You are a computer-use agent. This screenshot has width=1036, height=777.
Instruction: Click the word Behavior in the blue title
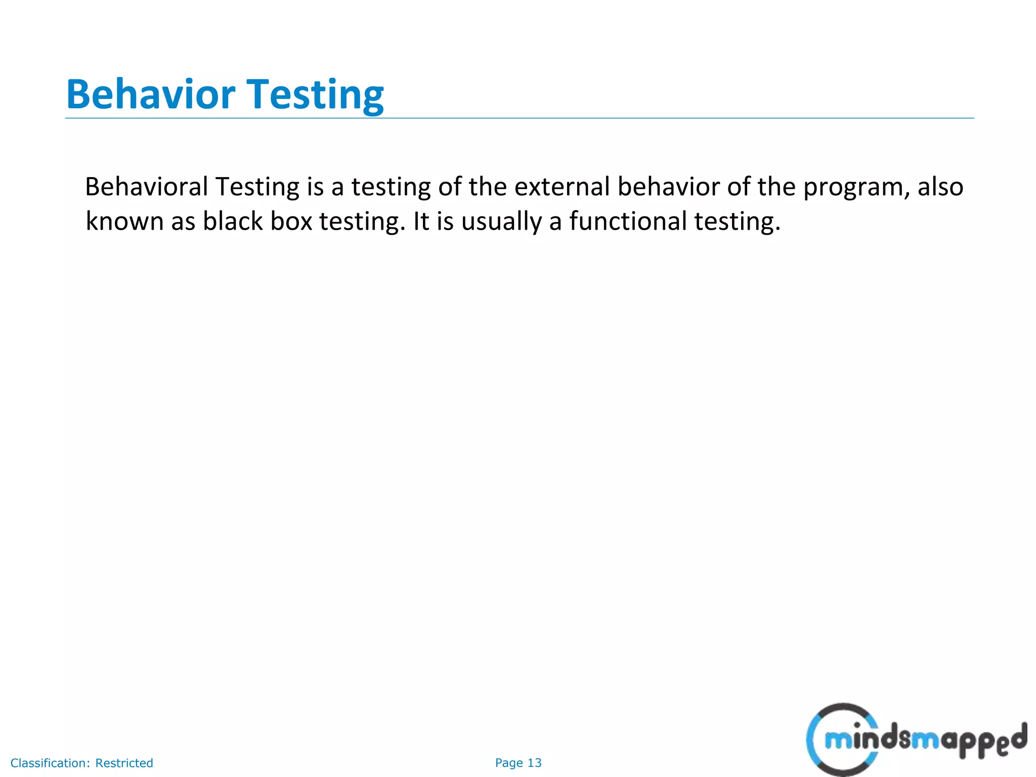[x=150, y=95]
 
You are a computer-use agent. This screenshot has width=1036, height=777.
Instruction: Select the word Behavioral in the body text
[x=147, y=187]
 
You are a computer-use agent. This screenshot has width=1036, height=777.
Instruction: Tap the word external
[x=562, y=187]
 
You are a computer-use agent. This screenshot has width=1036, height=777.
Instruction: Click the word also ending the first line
[x=940, y=187]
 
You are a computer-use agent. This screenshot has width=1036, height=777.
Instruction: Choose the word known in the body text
[x=124, y=222]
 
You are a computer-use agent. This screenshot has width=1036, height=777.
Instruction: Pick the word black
[x=233, y=222]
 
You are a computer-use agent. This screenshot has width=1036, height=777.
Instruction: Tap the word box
[x=291, y=222]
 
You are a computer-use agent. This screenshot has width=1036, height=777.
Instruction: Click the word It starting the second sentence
[x=421, y=222]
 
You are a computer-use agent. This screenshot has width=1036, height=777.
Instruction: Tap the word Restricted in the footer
[x=124, y=763]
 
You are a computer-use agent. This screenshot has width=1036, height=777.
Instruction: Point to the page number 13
[x=534, y=763]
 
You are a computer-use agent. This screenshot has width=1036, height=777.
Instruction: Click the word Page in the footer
[x=509, y=763]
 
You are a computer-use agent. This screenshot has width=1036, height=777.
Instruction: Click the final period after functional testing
[x=778, y=230]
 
